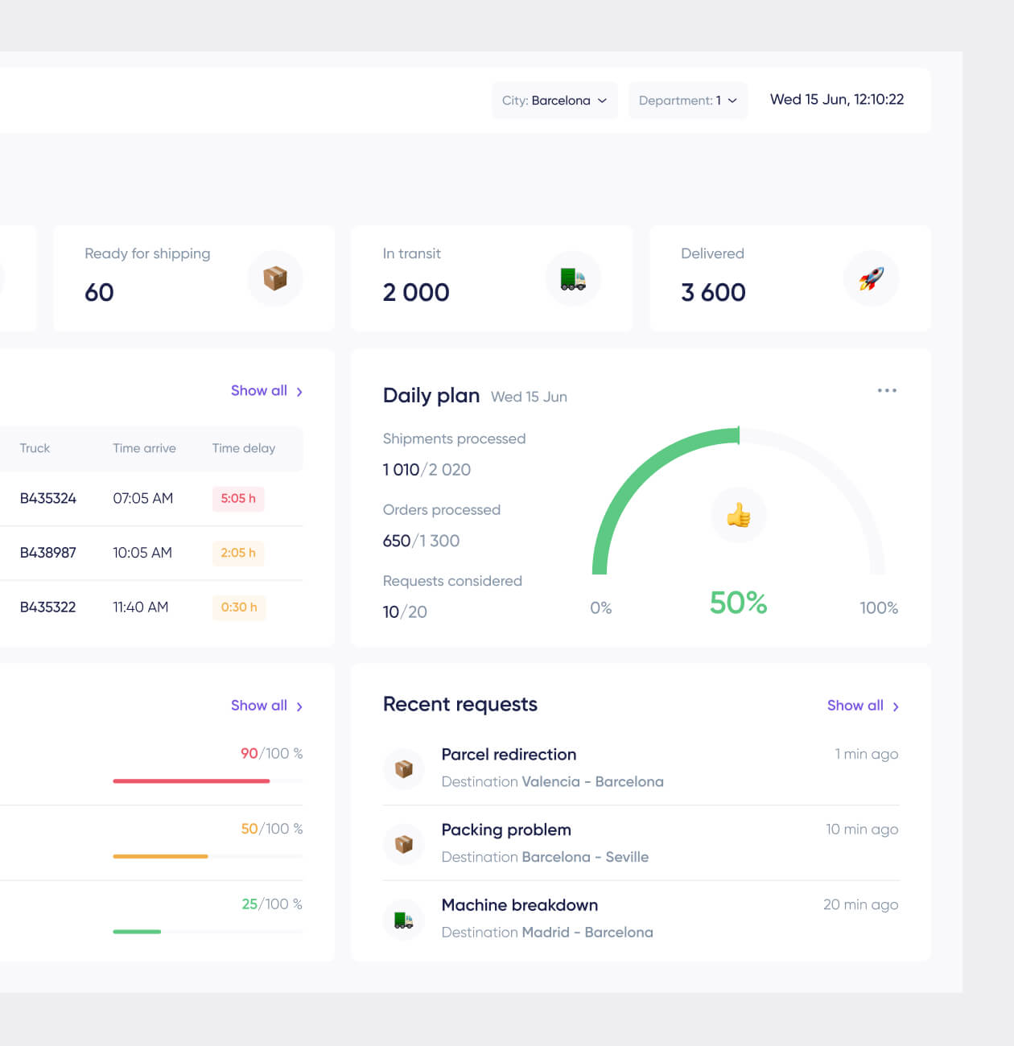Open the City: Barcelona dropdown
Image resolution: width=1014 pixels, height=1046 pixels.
pos(554,101)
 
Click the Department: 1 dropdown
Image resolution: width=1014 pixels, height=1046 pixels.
pos(687,101)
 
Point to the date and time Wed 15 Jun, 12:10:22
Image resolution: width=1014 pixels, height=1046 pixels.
pos(836,100)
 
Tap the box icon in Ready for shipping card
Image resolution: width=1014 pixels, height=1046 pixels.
pos(275,278)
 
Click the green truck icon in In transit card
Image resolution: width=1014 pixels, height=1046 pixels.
pos(573,278)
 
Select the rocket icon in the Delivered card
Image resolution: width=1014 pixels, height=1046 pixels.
pos(871,278)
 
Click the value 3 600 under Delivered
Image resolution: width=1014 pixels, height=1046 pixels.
pos(713,292)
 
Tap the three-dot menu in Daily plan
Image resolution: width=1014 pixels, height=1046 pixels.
pos(887,390)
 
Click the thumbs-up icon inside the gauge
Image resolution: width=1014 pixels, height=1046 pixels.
pos(738,515)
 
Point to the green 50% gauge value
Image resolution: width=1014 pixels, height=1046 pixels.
pos(738,603)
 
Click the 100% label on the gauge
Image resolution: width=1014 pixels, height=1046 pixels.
pos(878,608)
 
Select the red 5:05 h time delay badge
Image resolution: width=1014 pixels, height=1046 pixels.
pos(238,499)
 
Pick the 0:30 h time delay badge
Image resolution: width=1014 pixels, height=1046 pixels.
pos(239,607)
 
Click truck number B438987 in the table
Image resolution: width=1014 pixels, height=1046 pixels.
pos(48,553)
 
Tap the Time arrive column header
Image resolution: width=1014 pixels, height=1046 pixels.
pos(144,448)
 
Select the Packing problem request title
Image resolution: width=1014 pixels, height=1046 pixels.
pos(506,830)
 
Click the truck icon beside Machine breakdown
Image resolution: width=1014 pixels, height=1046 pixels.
pos(404,919)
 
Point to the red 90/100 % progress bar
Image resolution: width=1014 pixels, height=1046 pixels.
pos(192,780)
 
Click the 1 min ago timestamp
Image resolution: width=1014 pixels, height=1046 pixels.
pos(866,754)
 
